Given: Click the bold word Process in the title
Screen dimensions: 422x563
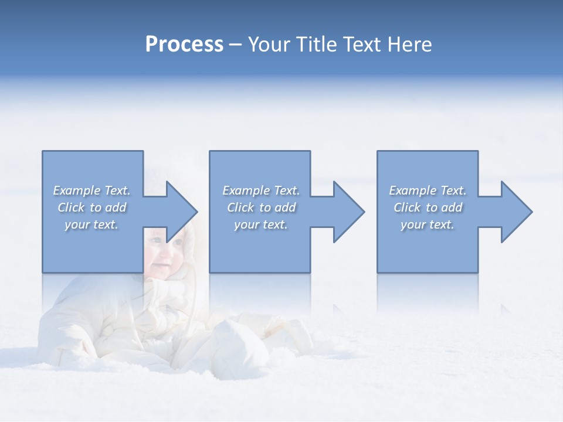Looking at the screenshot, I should point(184,45).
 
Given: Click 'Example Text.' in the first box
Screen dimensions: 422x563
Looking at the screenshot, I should point(91,190).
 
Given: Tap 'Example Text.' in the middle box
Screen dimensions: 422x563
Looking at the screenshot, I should point(260,190).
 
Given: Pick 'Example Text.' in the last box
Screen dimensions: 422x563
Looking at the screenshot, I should point(428,190).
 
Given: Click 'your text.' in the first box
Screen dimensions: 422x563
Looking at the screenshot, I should point(91,224).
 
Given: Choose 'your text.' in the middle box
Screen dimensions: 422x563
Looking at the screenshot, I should point(260,224).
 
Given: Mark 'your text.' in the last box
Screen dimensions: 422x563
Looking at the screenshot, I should point(428,224).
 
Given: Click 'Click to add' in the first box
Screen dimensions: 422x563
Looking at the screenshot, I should point(91,207).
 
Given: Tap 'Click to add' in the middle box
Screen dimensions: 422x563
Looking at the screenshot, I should point(260,207).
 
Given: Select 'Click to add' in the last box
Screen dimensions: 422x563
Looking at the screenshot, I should point(428,207).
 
